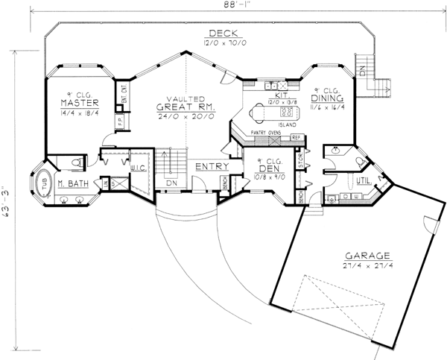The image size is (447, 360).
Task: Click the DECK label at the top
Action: coord(223,34)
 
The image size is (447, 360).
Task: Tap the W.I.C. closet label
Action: coord(139,168)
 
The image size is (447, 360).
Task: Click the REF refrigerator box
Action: coord(297,138)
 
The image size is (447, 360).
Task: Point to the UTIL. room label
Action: coord(367,181)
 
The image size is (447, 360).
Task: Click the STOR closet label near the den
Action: coord(300,158)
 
